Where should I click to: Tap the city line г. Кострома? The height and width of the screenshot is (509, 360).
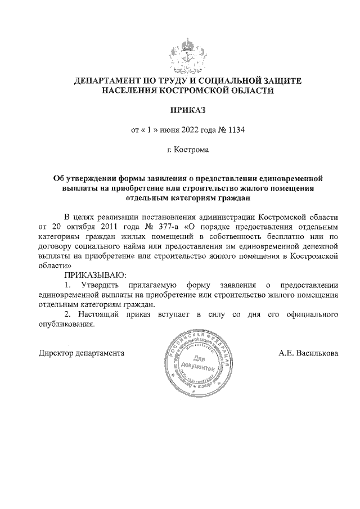pos(188,150)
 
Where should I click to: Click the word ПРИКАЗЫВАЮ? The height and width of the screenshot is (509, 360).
pos(96,275)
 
